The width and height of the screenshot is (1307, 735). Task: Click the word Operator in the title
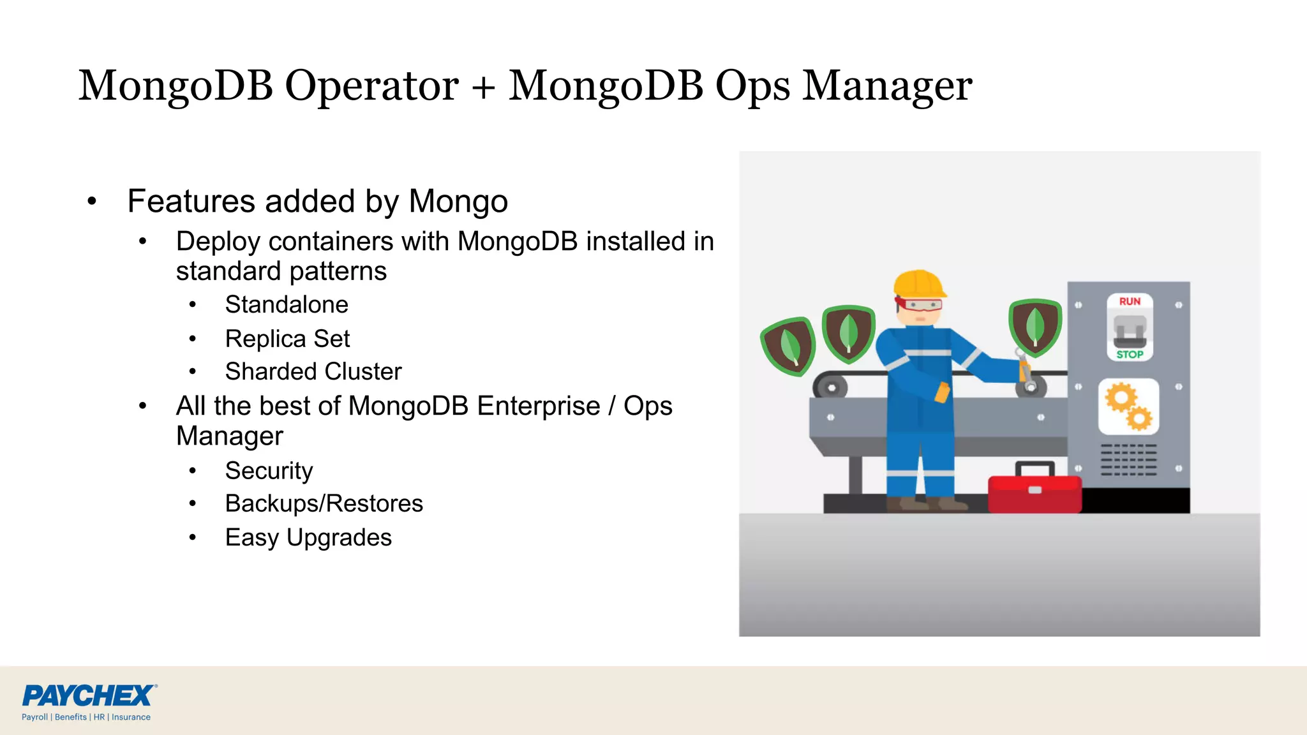[x=371, y=86]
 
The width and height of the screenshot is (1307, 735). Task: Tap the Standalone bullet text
[x=287, y=305]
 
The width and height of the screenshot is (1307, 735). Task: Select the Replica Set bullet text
[x=287, y=339]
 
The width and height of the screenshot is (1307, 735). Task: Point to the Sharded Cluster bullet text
[x=313, y=372]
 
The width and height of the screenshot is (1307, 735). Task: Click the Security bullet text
[x=269, y=471]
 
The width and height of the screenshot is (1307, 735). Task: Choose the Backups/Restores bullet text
[x=324, y=504]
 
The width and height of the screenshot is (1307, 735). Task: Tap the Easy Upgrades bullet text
[x=308, y=538]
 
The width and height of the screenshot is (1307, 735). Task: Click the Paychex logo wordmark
[x=89, y=695]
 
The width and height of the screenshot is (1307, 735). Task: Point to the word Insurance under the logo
[x=131, y=717]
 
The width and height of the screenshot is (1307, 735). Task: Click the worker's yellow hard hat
[x=918, y=283]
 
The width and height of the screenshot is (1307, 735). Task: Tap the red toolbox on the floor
[x=1034, y=491]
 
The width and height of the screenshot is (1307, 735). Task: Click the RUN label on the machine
[x=1130, y=301]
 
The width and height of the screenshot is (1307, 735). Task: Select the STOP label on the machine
[x=1130, y=354]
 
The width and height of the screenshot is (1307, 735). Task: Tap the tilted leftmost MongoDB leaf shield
[x=789, y=346]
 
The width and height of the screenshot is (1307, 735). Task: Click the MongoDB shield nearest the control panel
[x=1034, y=326]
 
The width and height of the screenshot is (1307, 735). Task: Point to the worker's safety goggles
[x=919, y=305]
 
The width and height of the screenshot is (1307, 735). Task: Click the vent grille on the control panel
[x=1128, y=460]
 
